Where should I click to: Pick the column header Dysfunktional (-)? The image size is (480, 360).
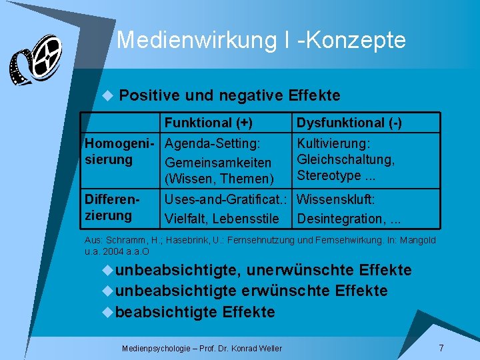pos(349,123)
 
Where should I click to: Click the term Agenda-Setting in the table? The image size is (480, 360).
pos(212,143)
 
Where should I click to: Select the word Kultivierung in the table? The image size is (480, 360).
pos(333,144)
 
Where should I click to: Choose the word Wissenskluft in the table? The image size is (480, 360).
pos(335,199)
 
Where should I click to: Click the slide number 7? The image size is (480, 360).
pos(441,349)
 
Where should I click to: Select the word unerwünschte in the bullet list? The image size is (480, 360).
pos(301,270)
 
